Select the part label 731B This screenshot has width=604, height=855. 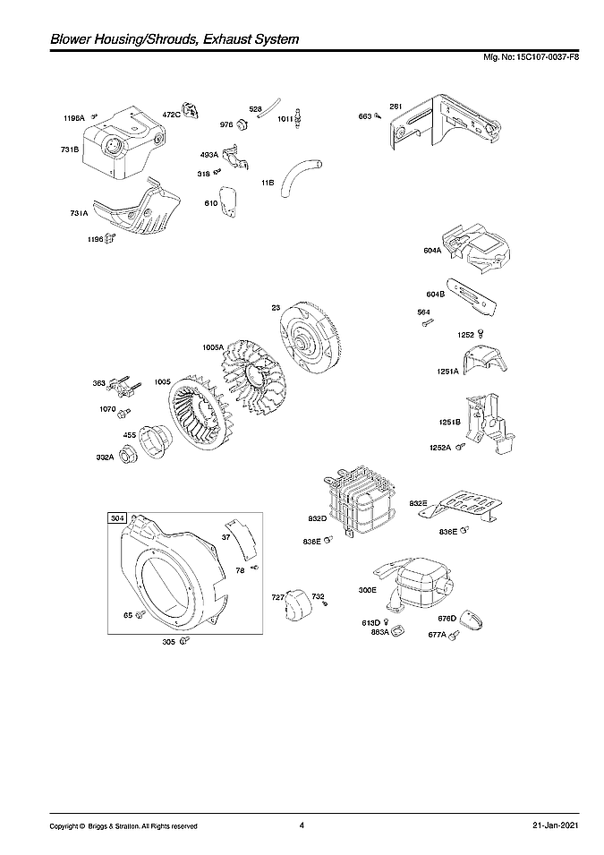tap(70, 150)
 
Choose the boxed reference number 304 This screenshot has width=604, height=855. tap(117, 518)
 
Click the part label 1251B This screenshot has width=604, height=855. tap(449, 422)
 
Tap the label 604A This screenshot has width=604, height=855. tap(433, 251)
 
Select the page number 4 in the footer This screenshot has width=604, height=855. tap(302, 825)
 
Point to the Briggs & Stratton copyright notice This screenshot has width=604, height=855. tap(123, 825)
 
